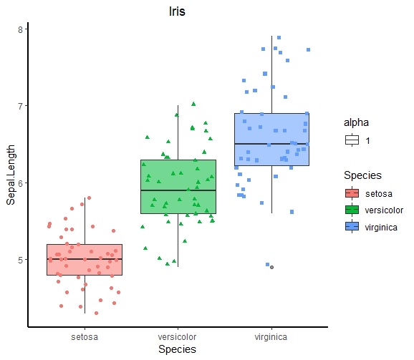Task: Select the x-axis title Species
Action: (x=177, y=349)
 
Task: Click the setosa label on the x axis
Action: (x=85, y=336)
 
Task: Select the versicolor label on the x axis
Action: (x=178, y=336)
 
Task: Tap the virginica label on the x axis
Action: (x=271, y=336)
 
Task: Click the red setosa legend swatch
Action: (x=351, y=193)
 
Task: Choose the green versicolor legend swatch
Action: (x=351, y=210)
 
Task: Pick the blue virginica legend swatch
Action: (x=351, y=226)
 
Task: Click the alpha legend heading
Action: (x=356, y=122)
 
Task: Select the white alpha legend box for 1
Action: (x=351, y=140)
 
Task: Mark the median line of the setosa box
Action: (x=85, y=259)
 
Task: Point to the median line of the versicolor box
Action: (x=178, y=190)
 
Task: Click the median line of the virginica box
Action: (x=271, y=144)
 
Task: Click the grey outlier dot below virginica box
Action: (x=271, y=267)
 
